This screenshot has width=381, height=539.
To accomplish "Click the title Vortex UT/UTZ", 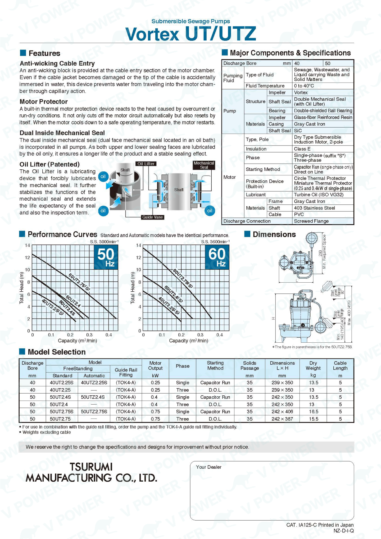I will tap(190, 34).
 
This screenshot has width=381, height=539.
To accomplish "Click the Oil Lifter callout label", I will tap(146, 164).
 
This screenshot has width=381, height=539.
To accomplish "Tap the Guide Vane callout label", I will tap(153, 217).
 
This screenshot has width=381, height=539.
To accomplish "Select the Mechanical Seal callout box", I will tap(204, 165).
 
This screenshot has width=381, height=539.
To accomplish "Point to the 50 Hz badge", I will tap(106, 257).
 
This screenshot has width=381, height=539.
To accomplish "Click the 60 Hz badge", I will tap(217, 257).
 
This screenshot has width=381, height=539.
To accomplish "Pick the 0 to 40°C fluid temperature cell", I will tap(304, 86).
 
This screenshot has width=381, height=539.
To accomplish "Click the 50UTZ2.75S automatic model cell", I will tap(94, 412).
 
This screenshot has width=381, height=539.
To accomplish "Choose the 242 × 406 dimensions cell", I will tap(282, 412).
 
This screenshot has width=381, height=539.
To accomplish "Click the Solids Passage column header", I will tap(250, 366).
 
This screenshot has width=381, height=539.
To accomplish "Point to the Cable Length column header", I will tap(340, 366).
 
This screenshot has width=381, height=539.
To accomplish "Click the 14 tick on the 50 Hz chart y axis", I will tap(28, 245).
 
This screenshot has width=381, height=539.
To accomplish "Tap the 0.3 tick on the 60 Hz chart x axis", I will tap(200, 335).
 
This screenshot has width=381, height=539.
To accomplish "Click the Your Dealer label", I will tap(208, 467).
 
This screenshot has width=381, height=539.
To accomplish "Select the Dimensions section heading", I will tap(274, 234).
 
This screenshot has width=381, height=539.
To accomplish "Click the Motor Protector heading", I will tap(44, 102).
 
